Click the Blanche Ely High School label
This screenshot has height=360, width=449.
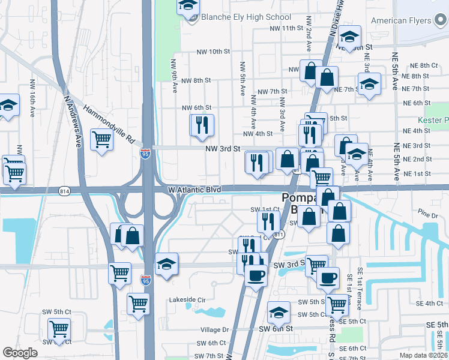tap(246, 17)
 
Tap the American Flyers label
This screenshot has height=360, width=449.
tap(401, 20)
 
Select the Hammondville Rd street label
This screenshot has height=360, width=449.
tap(109, 125)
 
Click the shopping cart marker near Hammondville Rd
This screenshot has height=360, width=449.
tap(101, 140)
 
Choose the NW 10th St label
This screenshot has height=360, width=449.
tap(213, 52)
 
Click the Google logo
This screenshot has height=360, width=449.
tap(20, 353)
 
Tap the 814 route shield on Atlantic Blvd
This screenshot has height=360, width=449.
tap(65, 191)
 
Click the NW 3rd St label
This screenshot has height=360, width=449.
tap(222, 148)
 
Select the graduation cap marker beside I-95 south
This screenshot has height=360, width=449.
tap(166, 264)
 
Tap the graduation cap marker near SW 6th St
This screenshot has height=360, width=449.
tap(279, 311)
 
